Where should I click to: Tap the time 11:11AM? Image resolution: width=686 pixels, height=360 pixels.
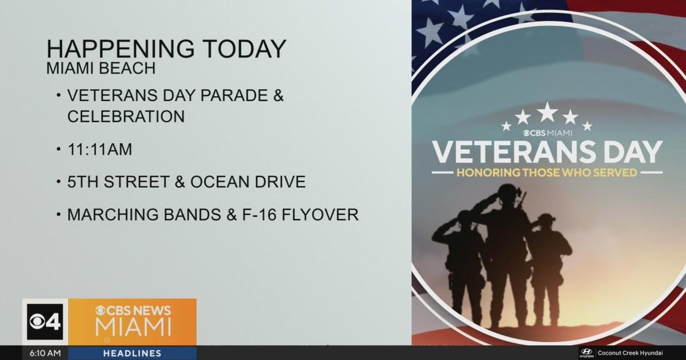pos(99,150)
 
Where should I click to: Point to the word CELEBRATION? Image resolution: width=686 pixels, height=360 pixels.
pos(126,116)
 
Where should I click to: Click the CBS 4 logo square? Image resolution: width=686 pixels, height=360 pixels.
pos(45,322)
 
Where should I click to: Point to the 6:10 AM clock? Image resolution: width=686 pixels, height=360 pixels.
pos(46,354)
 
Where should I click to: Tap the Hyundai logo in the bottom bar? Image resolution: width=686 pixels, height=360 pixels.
pos(587,353)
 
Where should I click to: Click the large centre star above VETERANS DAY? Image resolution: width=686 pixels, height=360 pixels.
pos(547,111)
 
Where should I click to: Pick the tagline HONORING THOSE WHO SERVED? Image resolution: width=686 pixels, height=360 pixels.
pos(546,172)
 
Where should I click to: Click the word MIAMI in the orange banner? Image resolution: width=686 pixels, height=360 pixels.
pos(133,327)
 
